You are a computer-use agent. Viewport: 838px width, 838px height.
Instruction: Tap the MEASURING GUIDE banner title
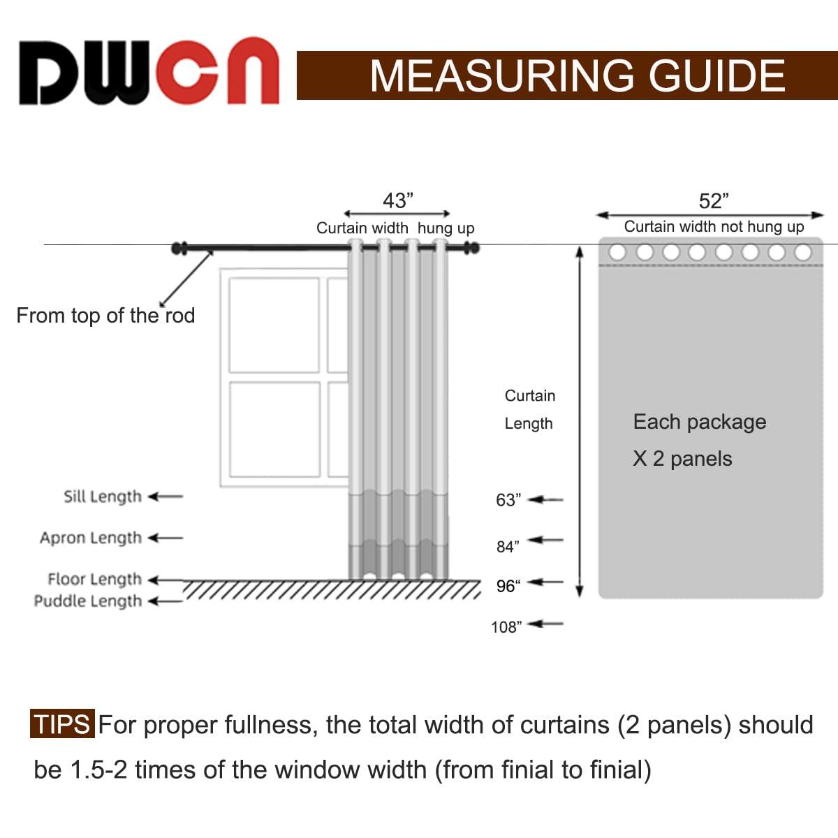coord(578,75)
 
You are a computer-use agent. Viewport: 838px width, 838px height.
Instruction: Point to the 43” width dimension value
coord(398,201)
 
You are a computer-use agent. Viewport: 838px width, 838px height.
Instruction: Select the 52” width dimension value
coord(714,201)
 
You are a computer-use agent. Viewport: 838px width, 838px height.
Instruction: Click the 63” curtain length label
coord(508,500)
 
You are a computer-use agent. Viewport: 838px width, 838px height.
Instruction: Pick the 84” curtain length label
coord(508,547)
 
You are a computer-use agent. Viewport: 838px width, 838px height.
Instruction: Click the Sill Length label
coord(103,497)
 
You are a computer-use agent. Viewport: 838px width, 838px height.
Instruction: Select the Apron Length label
coord(91,538)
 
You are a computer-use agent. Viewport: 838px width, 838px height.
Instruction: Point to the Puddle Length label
coord(88,601)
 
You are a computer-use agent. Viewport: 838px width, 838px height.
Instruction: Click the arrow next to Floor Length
coord(166,580)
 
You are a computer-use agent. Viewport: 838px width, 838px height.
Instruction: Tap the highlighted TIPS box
coord(61,724)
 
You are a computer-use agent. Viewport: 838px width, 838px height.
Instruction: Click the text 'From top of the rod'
coord(105,316)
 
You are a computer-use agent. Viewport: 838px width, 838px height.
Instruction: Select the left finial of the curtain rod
coord(179,248)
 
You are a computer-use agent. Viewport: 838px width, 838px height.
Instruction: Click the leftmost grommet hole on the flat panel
coord(617,252)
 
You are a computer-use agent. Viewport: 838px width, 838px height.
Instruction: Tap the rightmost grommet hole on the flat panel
coord(803,252)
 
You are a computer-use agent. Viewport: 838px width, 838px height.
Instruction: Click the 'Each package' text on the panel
coord(699,422)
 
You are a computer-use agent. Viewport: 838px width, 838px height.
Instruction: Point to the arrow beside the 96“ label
coord(546,582)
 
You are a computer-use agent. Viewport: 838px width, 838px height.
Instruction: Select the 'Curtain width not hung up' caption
coord(714,226)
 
